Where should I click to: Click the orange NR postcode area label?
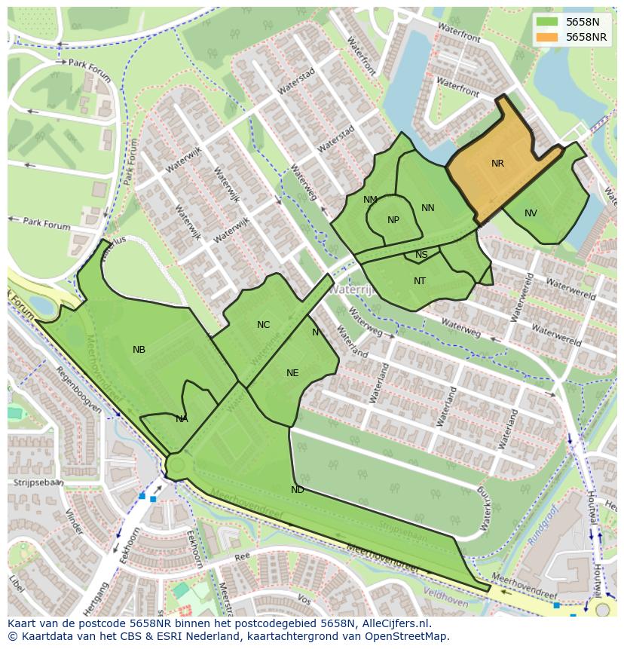(x=497, y=164)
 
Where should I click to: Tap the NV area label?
(x=531, y=213)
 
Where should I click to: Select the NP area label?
(x=393, y=220)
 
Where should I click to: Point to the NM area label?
(x=370, y=200)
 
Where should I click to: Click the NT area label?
(x=420, y=281)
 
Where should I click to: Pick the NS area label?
(x=421, y=255)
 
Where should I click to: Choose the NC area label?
(x=263, y=325)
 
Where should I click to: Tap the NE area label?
(x=292, y=372)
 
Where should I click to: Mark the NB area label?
(x=139, y=350)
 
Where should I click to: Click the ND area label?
(x=298, y=490)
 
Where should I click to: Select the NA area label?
(x=182, y=419)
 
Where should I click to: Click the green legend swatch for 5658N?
(x=548, y=23)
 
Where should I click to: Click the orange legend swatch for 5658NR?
(x=548, y=37)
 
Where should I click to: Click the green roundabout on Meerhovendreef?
(x=176, y=465)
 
